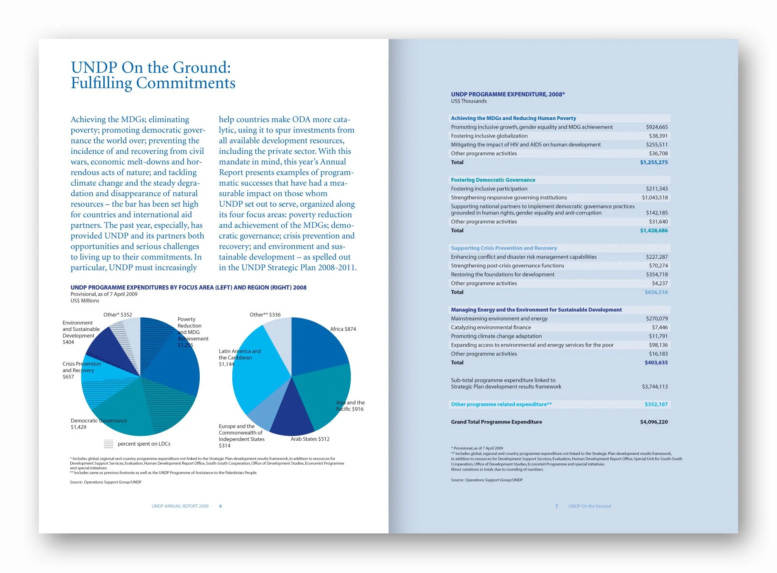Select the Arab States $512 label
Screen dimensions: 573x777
[x=310, y=439]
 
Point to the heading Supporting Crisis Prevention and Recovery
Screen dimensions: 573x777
[x=503, y=248]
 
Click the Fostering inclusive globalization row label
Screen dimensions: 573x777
[x=489, y=136]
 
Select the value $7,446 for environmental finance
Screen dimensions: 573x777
[x=660, y=327]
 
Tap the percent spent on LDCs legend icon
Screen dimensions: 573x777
[x=109, y=444]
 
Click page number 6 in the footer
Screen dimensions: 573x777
[x=220, y=506]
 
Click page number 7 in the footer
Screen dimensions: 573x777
[x=556, y=506]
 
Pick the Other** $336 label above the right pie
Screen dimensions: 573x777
[x=265, y=315]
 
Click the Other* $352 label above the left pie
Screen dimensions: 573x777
[x=118, y=315]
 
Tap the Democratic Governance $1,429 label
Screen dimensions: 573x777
[x=98, y=424]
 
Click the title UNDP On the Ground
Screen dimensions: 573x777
[x=151, y=68]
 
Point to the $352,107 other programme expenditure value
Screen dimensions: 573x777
[x=656, y=404]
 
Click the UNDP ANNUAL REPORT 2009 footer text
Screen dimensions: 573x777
[x=180, y=506]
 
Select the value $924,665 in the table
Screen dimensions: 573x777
[x=657, y=127]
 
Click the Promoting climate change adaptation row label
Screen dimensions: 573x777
[x=496, y=336]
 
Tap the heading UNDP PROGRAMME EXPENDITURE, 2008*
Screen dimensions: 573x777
[x=507, y=94]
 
